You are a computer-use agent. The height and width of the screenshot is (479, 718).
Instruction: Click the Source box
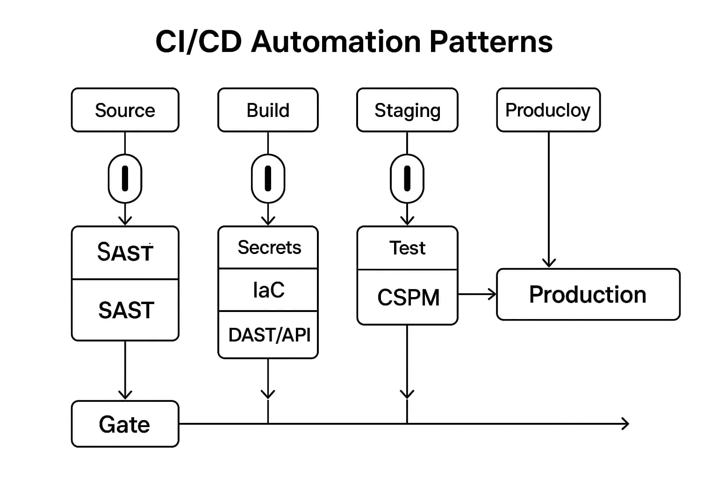click(125, 110)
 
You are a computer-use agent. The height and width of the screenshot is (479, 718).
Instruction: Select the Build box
click(268, 110)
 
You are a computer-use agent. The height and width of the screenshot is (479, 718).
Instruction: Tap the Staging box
click(407, 110)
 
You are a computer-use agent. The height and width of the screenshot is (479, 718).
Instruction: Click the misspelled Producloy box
click(548, 110)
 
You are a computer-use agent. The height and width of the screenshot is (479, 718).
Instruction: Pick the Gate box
click(125, 424)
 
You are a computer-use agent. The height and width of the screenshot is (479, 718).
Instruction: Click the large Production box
click(588, 294)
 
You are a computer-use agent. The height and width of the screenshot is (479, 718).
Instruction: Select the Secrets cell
click(269, 247)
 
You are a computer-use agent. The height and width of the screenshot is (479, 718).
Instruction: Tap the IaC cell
click(268, 290)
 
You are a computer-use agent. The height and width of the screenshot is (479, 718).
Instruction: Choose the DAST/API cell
click(269, 335)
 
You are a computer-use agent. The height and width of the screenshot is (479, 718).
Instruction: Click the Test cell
click(407, 248)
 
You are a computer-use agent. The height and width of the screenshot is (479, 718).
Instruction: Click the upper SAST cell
click(125, 253)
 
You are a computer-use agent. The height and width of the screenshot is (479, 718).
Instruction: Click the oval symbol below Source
click(125, 179)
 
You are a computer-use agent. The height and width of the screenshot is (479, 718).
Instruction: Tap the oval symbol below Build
click(268, 179)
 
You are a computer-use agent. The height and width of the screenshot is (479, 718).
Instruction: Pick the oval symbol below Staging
click(407, 179)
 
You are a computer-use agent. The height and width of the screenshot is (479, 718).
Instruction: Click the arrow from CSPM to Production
click(477, 294)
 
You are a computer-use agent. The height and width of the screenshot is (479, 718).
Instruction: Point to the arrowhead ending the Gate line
click(625, 424)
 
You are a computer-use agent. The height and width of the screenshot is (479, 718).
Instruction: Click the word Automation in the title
click(336, 42)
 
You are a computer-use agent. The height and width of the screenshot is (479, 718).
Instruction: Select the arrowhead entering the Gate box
click(125, 394)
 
